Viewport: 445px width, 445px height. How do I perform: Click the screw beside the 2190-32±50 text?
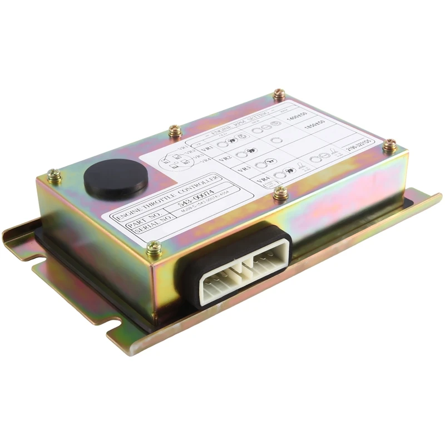(x=390, y=144)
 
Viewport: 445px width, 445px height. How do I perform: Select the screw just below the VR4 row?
(x=280, y=193)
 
